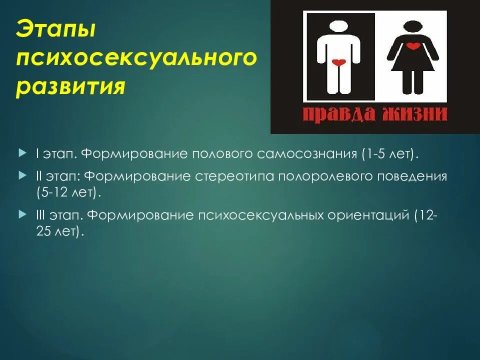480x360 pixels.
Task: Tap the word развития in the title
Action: point(69,88)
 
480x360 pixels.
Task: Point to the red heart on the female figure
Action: point(412,46)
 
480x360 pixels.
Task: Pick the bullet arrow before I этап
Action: point(21,150)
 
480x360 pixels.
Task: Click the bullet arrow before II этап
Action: point(21,176)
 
